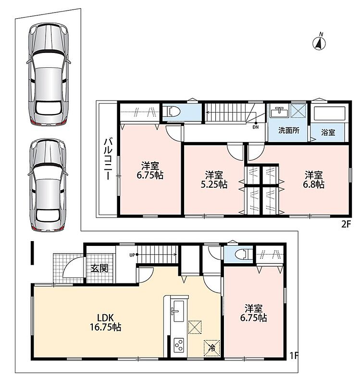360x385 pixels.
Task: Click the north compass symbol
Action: tap(319, 42)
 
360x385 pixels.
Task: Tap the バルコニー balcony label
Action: tap(108, 159)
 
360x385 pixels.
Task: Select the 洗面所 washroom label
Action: tap(289, 130)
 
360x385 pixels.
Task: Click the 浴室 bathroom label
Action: tap(328, 133)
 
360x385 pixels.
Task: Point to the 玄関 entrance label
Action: tap(99, 269)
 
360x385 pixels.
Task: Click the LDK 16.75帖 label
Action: tap(106, 322)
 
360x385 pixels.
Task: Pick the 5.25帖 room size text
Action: tap(214, 184)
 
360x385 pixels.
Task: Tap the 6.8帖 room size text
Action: tap(314, 184)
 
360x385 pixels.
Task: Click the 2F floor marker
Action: tap(347, 224)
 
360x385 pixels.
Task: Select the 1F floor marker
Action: tap(294, 355)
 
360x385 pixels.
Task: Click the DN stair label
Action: tap(256, 127)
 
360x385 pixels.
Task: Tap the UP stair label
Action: tap(132, 255)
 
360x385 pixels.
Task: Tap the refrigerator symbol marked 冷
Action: tap(211, 347)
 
